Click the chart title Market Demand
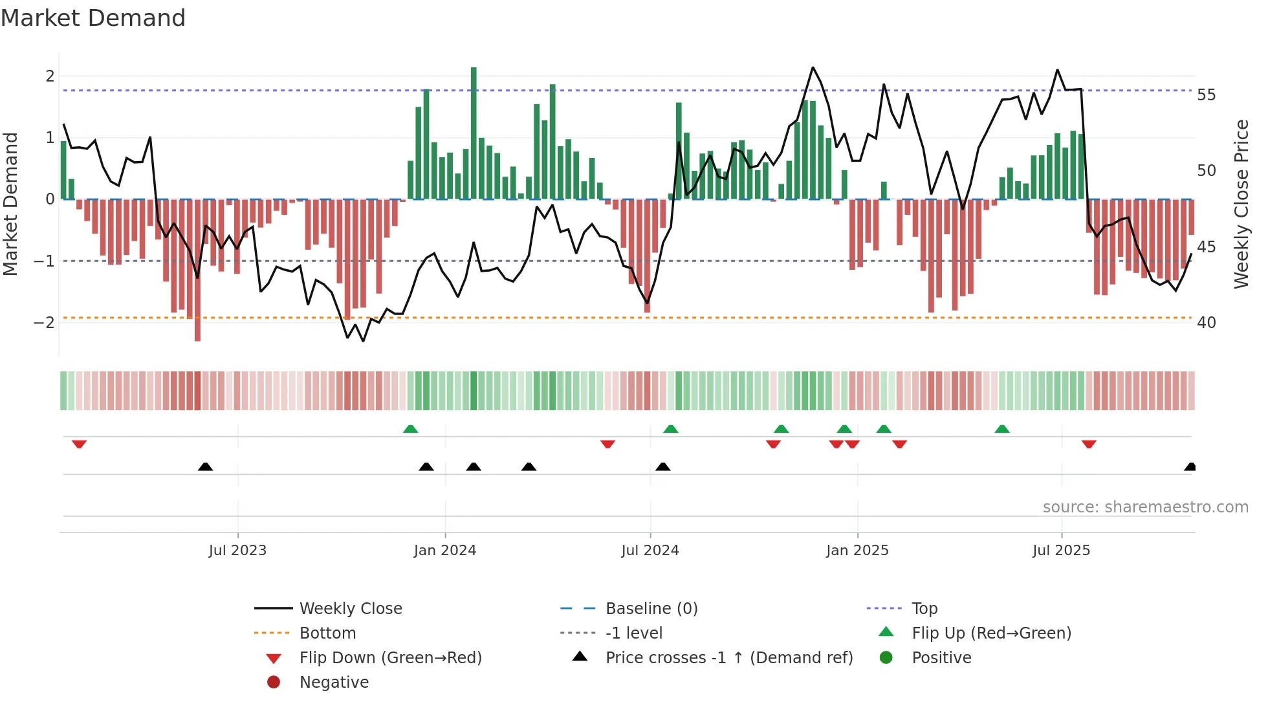point(93,18)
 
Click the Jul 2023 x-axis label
point(237,551)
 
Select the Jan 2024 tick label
point(445,551)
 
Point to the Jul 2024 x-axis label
point(650,551)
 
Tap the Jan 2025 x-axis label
point(857,551)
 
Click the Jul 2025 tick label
point(1061,551)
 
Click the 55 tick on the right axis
point(1207,95)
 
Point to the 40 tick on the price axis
point(1207,322)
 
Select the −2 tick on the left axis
point(44,322)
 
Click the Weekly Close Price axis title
point(1241,204)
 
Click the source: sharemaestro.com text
point(1145,507)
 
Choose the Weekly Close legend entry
point(351,609)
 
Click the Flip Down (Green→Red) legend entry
point(390,658)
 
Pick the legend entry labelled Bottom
point(327,633)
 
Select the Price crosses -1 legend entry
point(728,658)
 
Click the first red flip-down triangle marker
point(79,444)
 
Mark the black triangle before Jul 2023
point(205,466)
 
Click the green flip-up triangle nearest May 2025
point(1001,429)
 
